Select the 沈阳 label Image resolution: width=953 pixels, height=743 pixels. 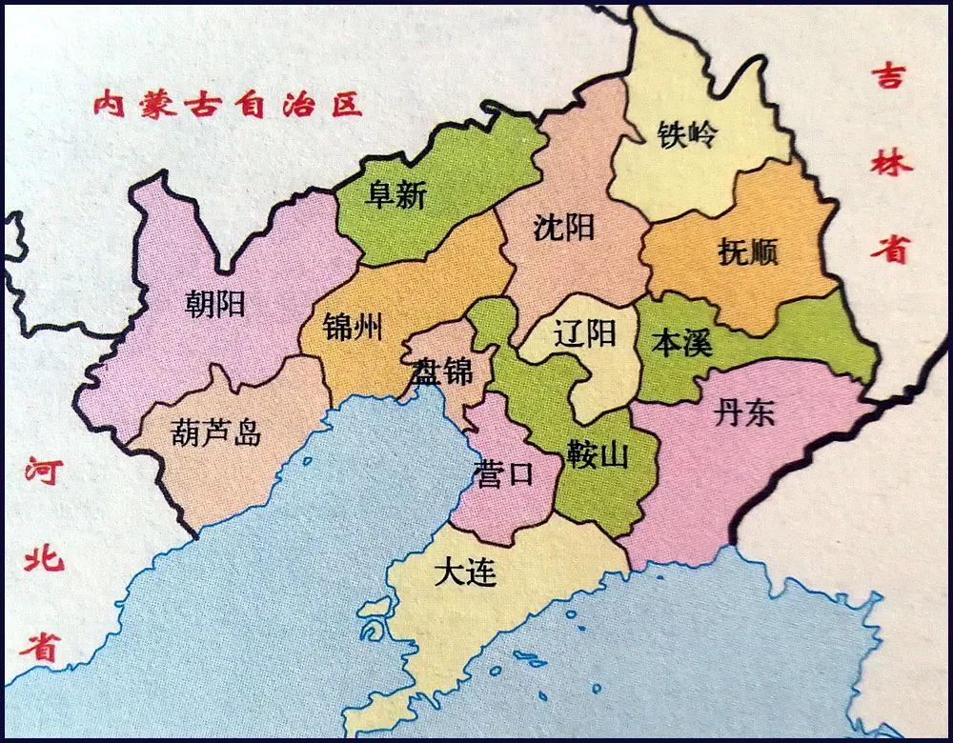click(564, 228)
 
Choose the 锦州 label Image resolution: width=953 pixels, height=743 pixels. click(353, 329)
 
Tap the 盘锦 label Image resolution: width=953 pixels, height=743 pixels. click(442, 371)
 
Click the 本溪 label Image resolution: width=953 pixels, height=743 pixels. click(680, 342)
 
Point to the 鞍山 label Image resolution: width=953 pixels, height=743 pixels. click(598, 454)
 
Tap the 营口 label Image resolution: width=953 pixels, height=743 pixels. click(503, 473)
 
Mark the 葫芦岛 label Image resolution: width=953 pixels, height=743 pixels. click(215, 433)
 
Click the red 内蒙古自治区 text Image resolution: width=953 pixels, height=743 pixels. click(229, 103)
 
